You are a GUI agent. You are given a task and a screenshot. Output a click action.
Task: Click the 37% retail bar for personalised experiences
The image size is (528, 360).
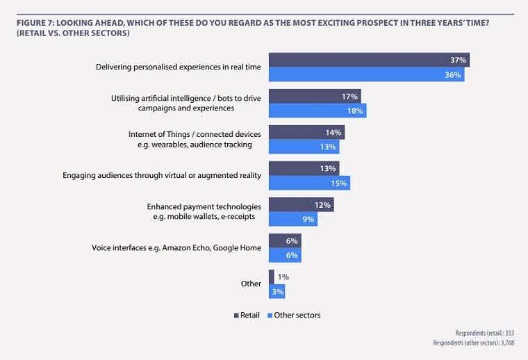point(368,60)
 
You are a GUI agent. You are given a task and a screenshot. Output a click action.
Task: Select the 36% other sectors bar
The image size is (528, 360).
point(366,74)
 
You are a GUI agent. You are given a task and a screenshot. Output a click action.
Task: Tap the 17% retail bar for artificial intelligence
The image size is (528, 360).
point(314,96)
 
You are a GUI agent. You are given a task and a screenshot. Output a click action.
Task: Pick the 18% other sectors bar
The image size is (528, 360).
point(317,111)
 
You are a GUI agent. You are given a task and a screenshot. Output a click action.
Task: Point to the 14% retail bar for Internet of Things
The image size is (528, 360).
point(306,132)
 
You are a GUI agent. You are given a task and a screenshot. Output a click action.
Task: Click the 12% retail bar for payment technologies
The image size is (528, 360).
point(301,204)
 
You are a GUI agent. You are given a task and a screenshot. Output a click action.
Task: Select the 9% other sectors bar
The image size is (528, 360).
point(292,219)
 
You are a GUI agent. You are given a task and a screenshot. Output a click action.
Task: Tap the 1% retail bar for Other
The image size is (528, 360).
point(271,277)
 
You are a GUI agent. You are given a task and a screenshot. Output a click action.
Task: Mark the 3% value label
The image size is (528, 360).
point(279,291)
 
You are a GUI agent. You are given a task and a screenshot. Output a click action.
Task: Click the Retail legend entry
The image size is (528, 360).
point(247,315)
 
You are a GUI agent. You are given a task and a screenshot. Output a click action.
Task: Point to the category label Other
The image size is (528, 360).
point(251,284)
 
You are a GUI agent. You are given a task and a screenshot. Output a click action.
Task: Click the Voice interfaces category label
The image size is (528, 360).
point(176,247)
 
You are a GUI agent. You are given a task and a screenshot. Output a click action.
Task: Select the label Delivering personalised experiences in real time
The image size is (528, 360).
point(179,67)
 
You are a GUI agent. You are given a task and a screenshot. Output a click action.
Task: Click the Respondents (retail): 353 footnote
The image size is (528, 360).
point(485,333)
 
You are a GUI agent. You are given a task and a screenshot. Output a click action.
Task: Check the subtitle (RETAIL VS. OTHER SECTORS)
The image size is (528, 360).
point(72,33)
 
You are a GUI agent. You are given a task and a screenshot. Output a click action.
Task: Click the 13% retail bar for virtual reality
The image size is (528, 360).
point(303,168)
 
